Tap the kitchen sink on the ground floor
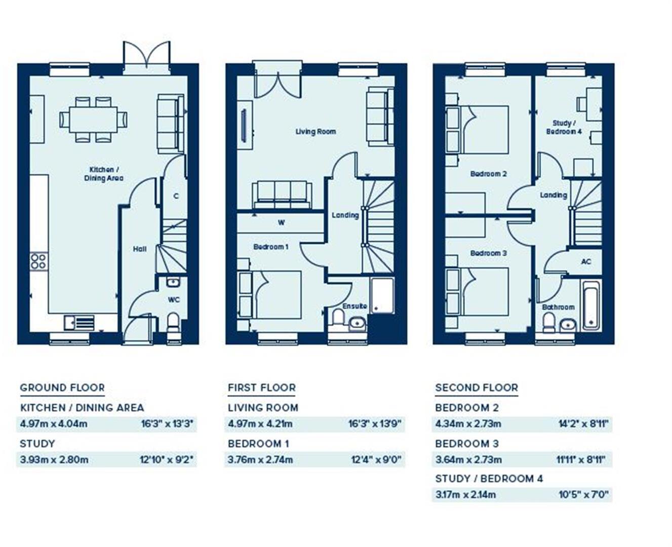pyautogui.click(x=75, y=321)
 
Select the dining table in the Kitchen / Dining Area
pyautogui.click(x=94, y=120)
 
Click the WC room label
pyautogui.click(x=174, y=299)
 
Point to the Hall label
pyautogui.click(x=140, y=249)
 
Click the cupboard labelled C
pyautogui.click(x=176, y=196)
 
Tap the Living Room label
pyautogui.click(x=315, y=132)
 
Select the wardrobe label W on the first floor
pyautogui.click(x=281, y=222)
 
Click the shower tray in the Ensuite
pyautogui.click(x=382, y=295)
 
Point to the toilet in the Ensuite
pyautogui.click(x=338, y=318)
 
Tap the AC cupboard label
pyautogui.click(x=586, y=262)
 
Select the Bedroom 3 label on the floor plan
pyautogui.click(x=488, y=253)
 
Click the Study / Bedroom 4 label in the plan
pyautogui.click(x=563, y=127)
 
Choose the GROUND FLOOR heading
pyautogui.click(x=62, y=388)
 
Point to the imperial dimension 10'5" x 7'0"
pyautogui.click(x=583, y=495)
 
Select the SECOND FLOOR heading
pyautogui.click(x=477, y=388)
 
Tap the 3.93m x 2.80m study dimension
pyautogui.click(x=54, y=460)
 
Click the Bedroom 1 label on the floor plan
pyautogui.click(x=271, y=247)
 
